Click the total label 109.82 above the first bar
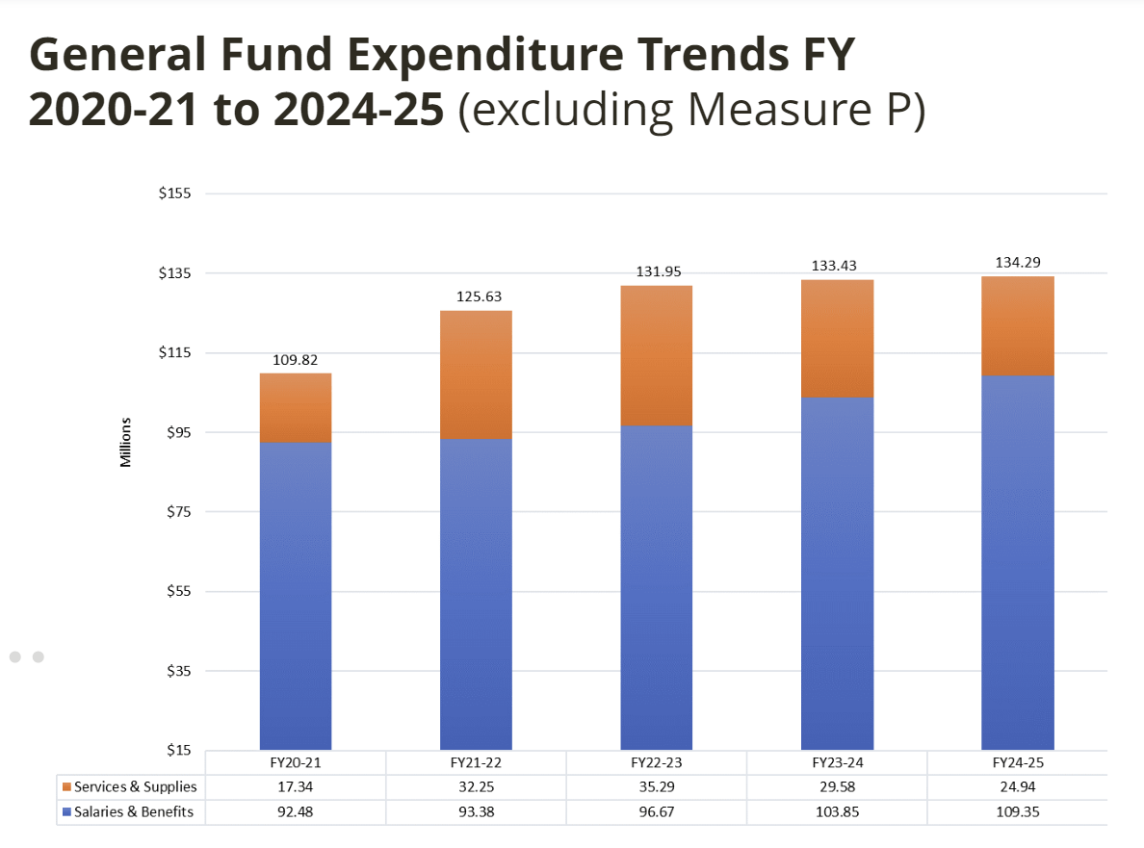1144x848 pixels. point(296,360)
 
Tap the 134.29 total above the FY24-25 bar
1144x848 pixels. point(1017,262)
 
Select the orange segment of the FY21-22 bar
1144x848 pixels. point(476,374)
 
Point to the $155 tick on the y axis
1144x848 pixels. point(175,193)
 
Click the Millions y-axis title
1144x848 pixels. point(125,443)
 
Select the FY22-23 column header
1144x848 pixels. point(656,762)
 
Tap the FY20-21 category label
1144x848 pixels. point(296,762)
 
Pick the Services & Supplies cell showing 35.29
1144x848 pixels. point(656,787)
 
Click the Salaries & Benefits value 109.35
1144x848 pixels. point(1017,812)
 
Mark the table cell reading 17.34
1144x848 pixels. point(296,787)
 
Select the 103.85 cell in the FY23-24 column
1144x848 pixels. point(837,812)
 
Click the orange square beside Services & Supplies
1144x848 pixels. point(65,787)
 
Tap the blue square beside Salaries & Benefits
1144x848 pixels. point(65,812)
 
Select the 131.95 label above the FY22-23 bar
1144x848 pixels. point(656,272)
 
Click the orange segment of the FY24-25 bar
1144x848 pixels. point(1017,325)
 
